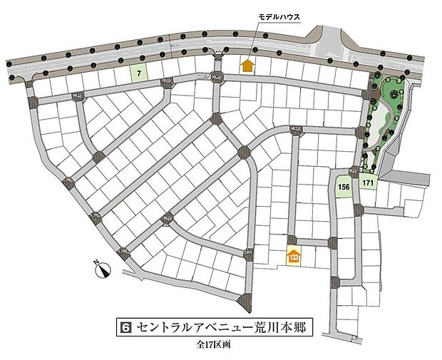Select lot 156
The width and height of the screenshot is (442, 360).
click(x=344, y=187)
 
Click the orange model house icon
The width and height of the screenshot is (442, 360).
click(x=247, y=66)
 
